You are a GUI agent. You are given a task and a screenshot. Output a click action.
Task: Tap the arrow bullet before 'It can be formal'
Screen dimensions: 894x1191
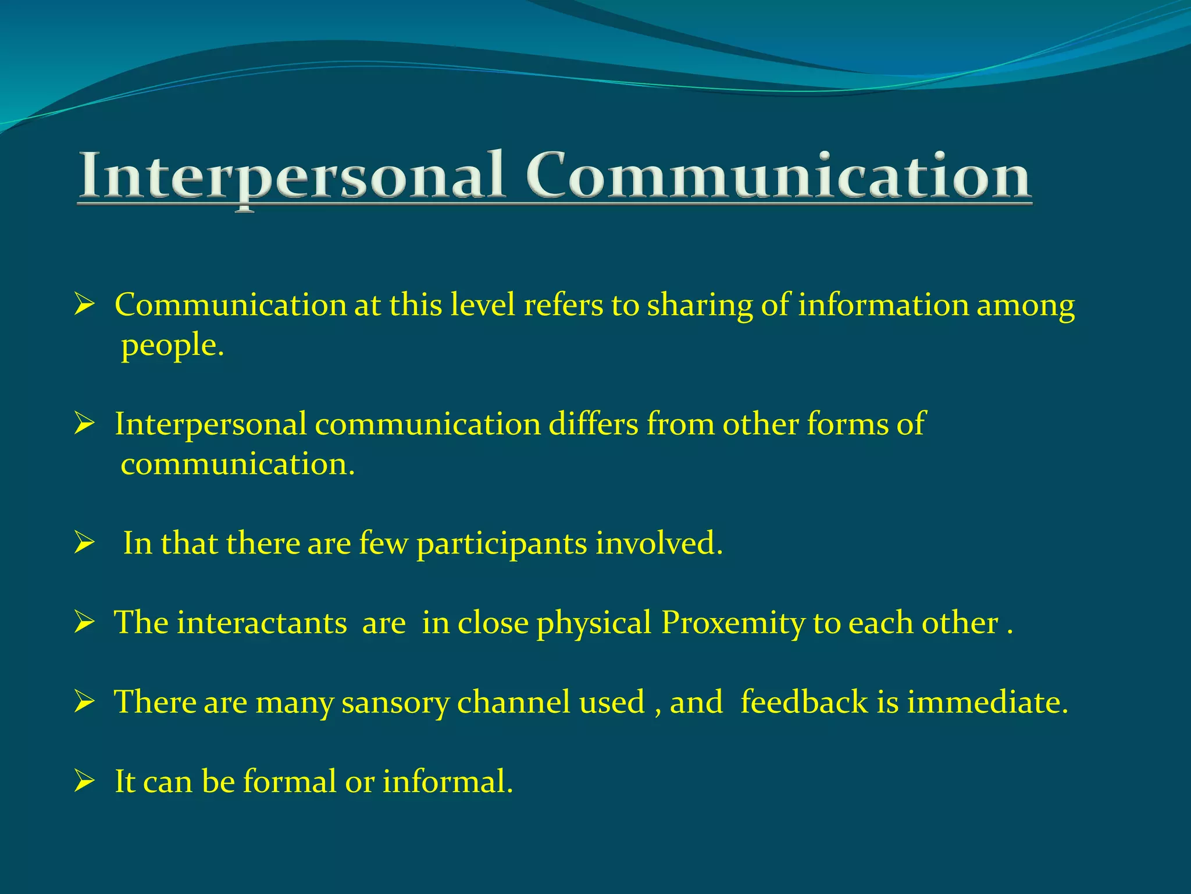coord(84,781)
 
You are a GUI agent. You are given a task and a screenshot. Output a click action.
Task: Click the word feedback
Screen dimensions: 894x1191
coord(804,702)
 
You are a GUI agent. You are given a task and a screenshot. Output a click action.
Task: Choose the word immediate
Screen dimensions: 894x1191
coord(987,702)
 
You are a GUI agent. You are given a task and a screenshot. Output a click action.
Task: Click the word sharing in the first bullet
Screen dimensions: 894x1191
coord(700,306)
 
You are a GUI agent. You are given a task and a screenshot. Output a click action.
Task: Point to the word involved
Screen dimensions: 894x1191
coord(658,543)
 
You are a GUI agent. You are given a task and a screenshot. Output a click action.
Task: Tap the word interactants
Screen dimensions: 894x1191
coord(262,623)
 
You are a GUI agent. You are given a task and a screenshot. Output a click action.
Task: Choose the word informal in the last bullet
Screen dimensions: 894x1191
coord(447,781)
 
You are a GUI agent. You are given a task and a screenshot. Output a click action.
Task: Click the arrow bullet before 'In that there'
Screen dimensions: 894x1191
coord(84,543)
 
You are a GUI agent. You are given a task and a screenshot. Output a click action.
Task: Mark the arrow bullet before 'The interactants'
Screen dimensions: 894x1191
coord(84,623)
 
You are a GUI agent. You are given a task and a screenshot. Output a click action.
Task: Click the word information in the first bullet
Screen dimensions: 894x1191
coord(883,305)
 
